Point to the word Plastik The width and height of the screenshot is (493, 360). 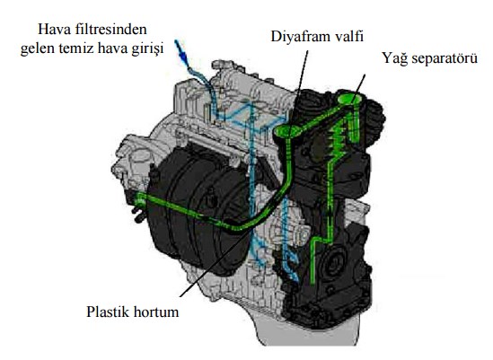click(x=108, y=312)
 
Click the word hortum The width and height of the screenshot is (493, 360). click(x=156, y=312)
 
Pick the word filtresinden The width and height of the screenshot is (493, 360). click(x=111, y=30)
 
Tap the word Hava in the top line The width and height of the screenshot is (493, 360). click(x=55, y=30)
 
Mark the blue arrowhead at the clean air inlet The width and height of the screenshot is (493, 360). click(x=181, y=54)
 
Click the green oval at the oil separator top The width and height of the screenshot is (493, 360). click(x=349, y=99)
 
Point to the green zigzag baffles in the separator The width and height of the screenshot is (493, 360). click(x=339, y=138)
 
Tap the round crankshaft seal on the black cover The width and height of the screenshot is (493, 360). click(x=332, y=261)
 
